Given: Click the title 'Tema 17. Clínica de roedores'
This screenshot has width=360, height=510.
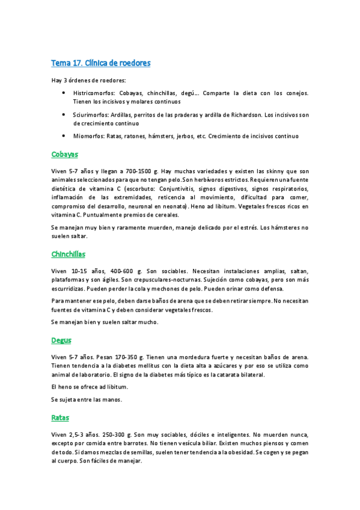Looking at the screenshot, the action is [101, 63].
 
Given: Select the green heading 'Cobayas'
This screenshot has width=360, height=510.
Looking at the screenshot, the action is [65, 155].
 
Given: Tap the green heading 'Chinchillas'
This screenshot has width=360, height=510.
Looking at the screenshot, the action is [69, 254].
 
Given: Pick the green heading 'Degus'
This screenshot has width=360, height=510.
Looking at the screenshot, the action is [62, 340].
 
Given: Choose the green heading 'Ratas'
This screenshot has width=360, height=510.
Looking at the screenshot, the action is [61, 417].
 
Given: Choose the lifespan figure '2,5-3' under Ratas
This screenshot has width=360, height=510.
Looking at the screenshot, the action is [78, 434].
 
